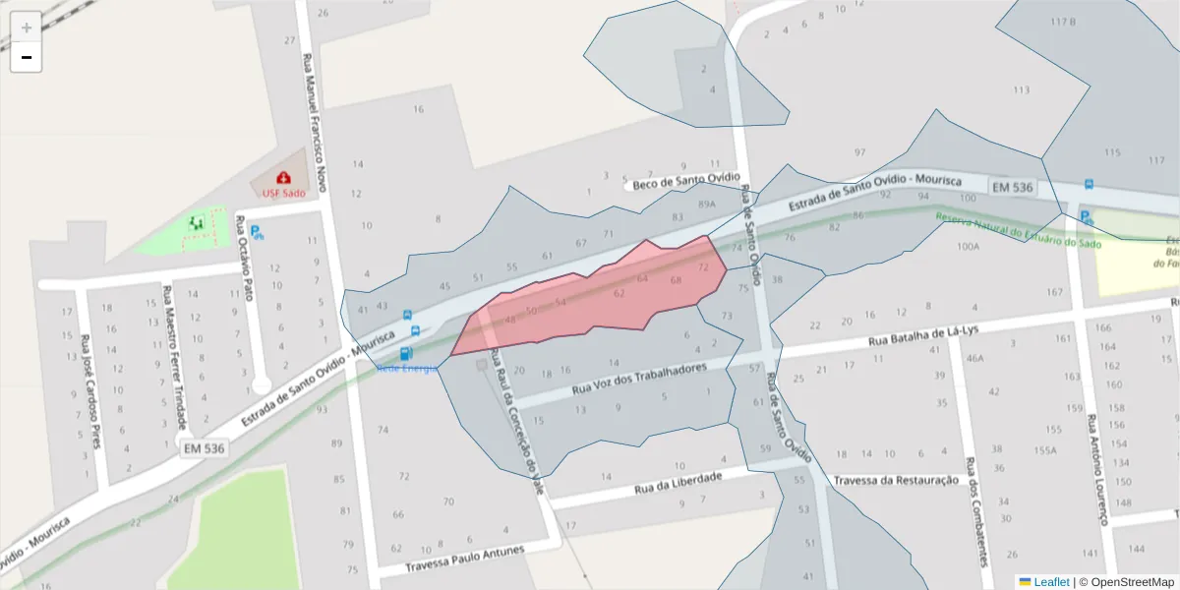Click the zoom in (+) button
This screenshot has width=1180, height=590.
tap(27, 28)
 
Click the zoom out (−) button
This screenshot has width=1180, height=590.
tap(27, 57)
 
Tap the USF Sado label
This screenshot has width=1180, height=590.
tap(283, 193)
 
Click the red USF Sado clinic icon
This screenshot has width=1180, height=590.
tap(283, 178)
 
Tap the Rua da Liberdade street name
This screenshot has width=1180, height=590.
tap(678, 483)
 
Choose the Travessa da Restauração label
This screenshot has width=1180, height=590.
tap(895, 480)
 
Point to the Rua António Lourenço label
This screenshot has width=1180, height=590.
tap(1095, 466)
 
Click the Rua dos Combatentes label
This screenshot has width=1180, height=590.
tap(975, 511)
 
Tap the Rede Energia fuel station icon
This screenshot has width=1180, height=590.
tap(406, 353)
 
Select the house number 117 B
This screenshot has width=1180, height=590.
tap(1063, 22)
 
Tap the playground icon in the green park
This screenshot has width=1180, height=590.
tap(196, 224)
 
